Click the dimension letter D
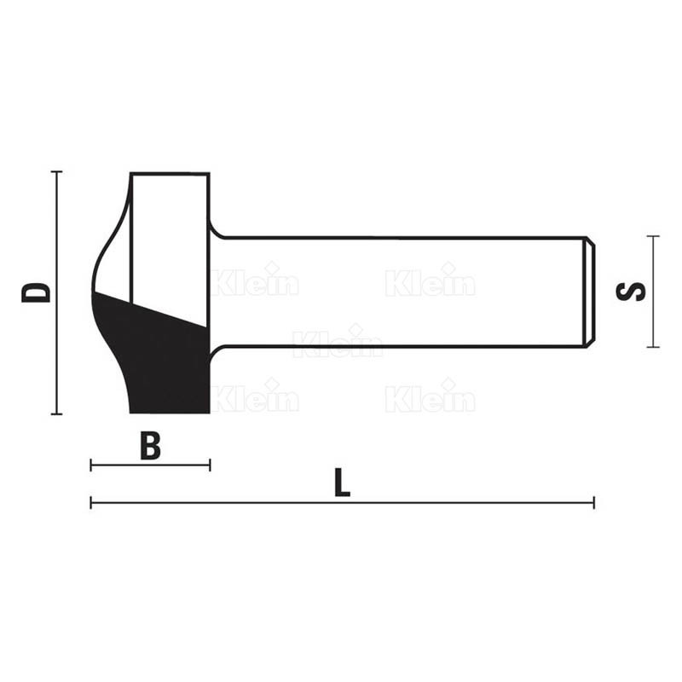click(37, 292)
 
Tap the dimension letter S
click(631, 292)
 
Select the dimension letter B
click(151, 446)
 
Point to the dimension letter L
click(343, 483)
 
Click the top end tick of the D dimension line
click(56, 172)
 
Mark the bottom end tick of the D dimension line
click(56, 414)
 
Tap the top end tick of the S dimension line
click(653, 236)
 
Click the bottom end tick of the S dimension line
click(653, 347)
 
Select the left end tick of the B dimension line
click(90, 465)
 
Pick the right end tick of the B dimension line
click(210, 465)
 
